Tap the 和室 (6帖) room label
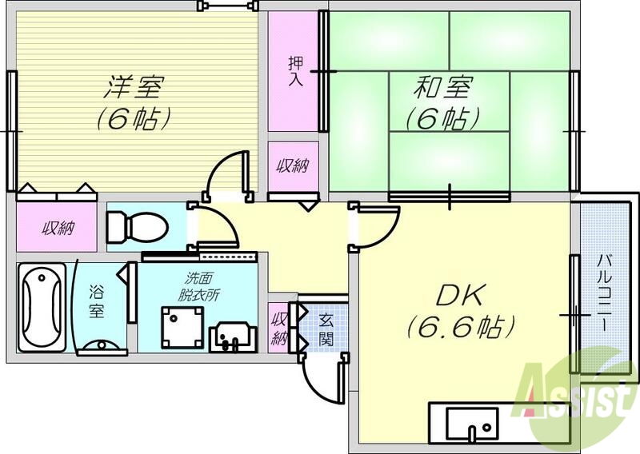[442, 102]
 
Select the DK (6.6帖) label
[459, 311]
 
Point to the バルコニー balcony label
[603, 296]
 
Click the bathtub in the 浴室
[42, 305]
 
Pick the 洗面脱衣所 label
[200, 286]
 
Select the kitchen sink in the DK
[472, 422]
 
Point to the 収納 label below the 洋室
[58, 229]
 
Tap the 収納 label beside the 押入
[293, 166]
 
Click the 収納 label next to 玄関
[279, 328]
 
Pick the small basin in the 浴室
[101, 345]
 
